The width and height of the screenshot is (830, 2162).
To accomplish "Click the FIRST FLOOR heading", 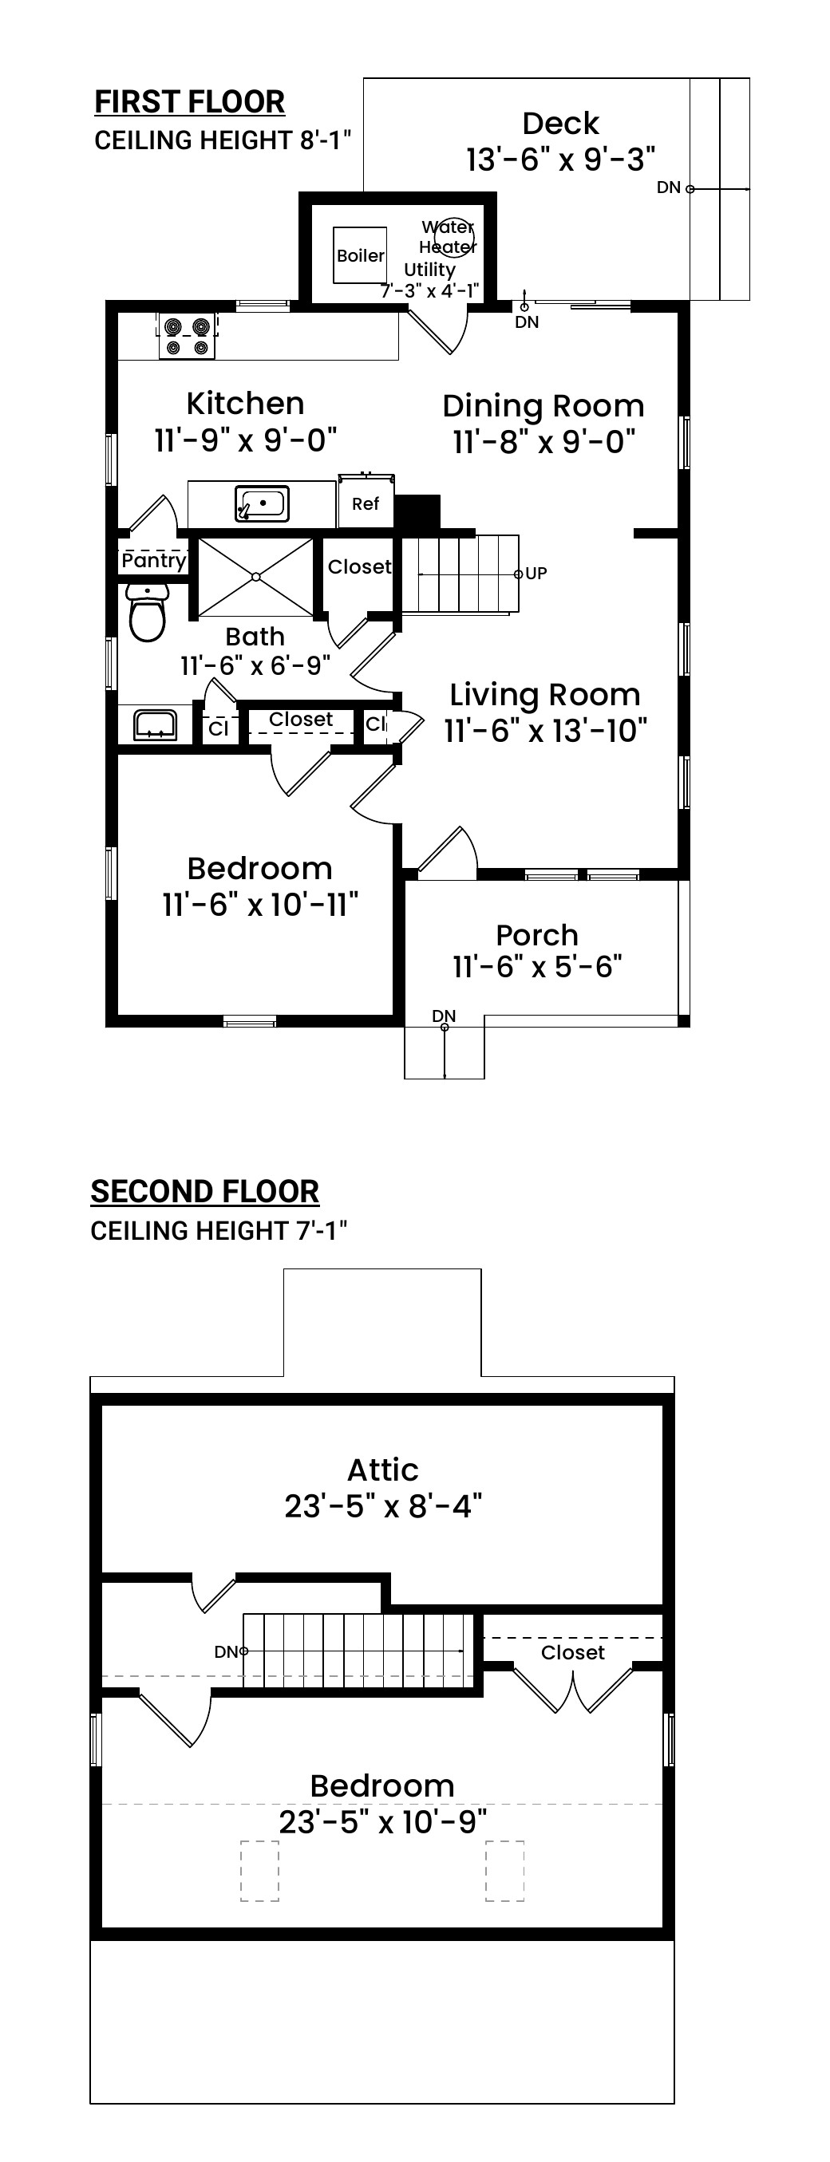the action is point(190,102).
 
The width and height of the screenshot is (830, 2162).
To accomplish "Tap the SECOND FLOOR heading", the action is point(205,1192).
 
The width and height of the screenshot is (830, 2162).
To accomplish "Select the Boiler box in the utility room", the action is point(360,255).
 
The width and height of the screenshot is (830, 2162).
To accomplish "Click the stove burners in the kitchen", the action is point(187,336).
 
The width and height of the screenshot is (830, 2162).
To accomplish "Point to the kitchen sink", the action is point(262,504).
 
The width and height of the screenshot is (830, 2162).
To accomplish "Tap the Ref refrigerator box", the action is point(366,503).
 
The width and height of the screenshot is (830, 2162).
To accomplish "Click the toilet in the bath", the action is point(148,613).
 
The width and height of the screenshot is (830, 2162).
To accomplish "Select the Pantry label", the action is point(153,561).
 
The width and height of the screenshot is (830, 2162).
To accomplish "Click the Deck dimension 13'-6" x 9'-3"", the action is point(560,160).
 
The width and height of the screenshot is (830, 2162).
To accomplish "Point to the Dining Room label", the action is point(543,406).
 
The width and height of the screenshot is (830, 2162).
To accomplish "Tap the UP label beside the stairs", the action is point(536,574).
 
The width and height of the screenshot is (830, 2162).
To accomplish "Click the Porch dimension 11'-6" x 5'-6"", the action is point(537,967).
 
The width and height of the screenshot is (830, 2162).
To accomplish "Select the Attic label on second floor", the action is point(383,1470).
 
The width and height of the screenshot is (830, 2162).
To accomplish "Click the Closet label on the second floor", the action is point(573,1652).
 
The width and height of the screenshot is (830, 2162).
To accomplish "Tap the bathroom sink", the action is point(156,724).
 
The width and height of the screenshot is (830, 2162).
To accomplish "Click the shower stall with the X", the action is point(255,577).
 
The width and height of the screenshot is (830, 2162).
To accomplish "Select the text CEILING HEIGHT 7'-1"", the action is point(219,1231).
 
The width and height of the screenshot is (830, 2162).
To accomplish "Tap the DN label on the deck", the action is point(668,187).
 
